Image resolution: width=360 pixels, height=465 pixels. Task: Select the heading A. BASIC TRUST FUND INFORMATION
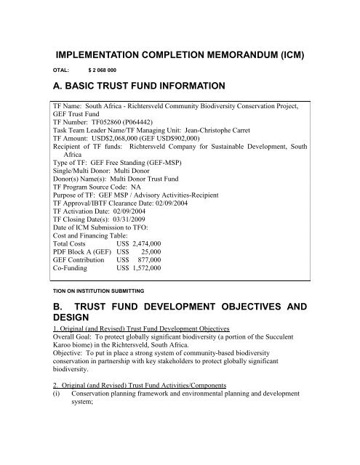coord(177,95)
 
